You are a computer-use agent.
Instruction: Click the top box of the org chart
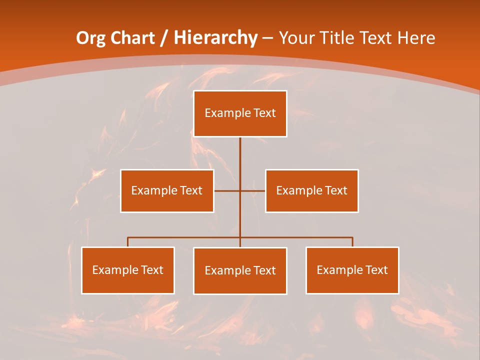point(240,113)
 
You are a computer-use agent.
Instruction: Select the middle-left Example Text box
point(167,190)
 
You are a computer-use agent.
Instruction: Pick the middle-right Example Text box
point(311,190)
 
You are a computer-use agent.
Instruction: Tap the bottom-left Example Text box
point(127,270)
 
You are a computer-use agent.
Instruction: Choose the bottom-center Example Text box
point(240,270)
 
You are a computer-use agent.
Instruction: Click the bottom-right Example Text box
point(352,270)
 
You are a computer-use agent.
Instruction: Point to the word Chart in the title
point(132,38)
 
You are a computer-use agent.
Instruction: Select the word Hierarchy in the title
point(215,38)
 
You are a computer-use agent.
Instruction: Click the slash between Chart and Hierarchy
point(163,38)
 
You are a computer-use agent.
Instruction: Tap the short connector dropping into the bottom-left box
point(127,242)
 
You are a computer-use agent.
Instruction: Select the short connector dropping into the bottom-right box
point(352,242)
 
